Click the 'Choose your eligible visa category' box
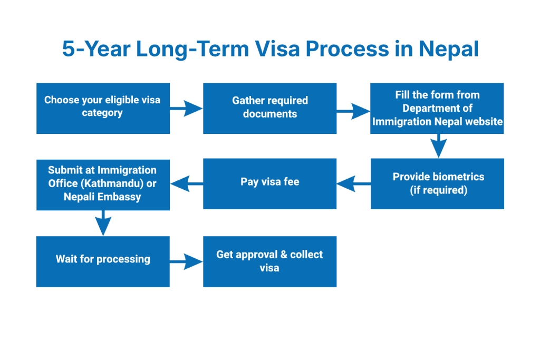pos(103,108)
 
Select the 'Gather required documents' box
pos(269,108)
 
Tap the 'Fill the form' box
pos(437,108)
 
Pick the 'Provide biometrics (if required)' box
pos(437,184)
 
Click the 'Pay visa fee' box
pos(269,184)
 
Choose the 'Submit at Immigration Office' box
pos(103,184)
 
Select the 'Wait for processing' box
pos(103,261)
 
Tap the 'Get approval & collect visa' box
pos(269,261)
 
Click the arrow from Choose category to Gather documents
pos(187,109)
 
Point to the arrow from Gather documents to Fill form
pos(353,111)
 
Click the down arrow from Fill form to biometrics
pos(438,146)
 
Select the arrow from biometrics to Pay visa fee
pos(353,184)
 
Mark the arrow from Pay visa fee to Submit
pos(187,184)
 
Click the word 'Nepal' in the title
pos(449,49)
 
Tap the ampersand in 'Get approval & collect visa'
pos(284,255)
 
